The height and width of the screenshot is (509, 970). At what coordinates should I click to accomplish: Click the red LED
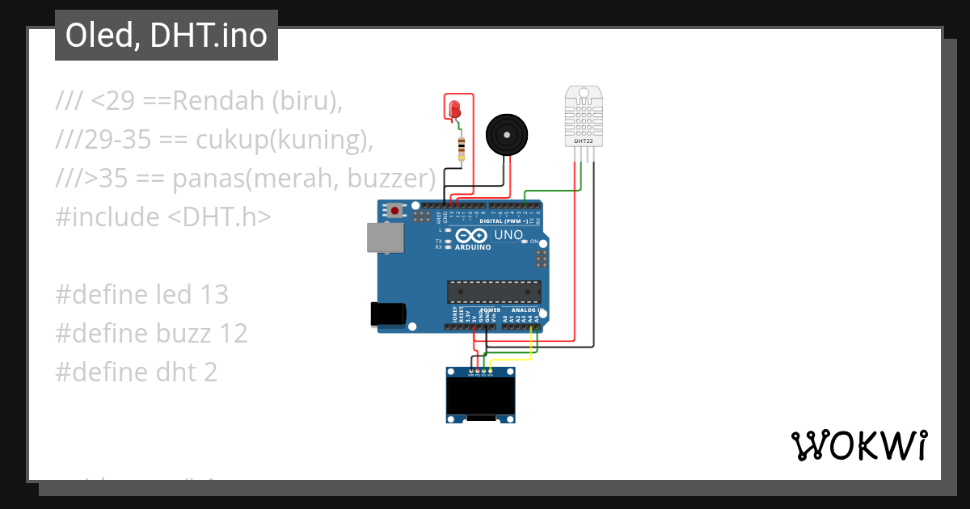453,108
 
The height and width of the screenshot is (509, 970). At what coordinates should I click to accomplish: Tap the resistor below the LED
461,149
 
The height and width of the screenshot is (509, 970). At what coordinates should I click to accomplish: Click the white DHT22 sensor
583,116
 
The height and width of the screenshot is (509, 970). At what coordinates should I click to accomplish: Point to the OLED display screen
482,397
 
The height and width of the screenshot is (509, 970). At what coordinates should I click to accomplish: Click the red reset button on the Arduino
394,212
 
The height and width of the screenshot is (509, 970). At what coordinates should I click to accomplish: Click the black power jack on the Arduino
386,313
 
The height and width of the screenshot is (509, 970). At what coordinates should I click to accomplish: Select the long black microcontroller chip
495,292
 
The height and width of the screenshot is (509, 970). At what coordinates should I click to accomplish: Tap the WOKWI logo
858,445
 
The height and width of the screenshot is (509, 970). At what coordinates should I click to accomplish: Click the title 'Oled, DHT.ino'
166,36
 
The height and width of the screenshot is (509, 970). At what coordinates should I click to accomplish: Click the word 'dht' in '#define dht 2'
173,372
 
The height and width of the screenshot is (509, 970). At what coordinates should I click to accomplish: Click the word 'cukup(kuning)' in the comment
285,140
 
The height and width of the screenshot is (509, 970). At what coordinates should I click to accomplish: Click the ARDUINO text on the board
474,247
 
